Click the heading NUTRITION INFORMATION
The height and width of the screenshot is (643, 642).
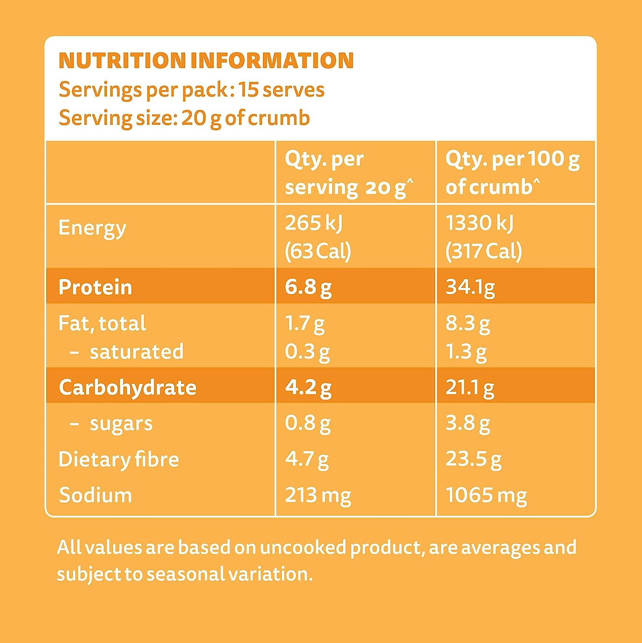pos(206,60)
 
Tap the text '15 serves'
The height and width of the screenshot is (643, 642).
pos(281,90)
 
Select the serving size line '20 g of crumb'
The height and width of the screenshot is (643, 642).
pos(245,118)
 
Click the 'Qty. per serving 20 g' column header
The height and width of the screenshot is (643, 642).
pos(349,173)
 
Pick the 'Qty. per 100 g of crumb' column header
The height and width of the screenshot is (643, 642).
pos(512,173)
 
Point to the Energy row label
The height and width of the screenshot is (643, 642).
pos(92,228)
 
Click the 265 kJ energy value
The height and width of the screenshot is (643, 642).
pos(314,223)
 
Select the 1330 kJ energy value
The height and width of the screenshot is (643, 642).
pos(479,223)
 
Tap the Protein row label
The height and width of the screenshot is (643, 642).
pos(95,287)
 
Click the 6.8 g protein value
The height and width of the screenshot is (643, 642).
pos(308,287)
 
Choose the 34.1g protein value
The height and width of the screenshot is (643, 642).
pos(470,287)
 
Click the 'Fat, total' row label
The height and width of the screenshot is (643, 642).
pos(102,323)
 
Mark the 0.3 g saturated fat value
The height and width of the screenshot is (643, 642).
pos(307,352)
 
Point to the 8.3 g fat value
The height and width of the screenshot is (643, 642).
pos(467,323)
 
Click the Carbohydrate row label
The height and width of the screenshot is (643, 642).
pos(127,387)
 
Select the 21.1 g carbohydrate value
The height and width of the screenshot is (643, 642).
pos(469,387)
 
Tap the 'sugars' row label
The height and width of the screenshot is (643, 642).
pos(121,424)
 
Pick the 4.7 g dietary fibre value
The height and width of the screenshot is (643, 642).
pos(307,459)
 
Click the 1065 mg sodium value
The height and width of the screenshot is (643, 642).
pos(486,495)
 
